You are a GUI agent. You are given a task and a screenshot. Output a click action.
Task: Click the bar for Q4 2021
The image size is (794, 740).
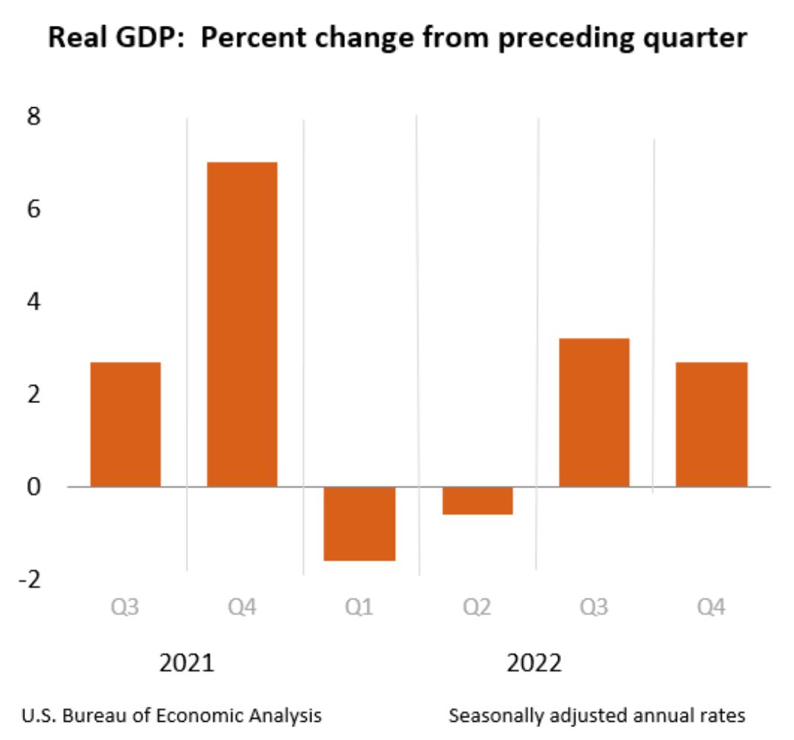242,324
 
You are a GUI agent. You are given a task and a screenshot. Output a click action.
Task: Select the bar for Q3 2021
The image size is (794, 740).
126,424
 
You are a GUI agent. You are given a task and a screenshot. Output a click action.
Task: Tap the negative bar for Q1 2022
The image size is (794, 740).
359,523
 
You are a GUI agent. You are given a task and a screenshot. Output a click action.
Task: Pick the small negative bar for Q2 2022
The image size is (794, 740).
477,500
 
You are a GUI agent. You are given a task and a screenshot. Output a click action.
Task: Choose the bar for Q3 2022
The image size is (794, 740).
594,412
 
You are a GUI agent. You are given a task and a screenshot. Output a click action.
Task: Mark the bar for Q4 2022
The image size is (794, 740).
711,424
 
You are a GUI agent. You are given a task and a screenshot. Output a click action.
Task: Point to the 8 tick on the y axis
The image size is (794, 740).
35,117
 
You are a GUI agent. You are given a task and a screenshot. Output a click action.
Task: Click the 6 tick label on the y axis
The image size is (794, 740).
35,209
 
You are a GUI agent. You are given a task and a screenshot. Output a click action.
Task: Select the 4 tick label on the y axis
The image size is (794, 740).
35,302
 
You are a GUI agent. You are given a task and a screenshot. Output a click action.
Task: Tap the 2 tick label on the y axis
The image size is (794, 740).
35,394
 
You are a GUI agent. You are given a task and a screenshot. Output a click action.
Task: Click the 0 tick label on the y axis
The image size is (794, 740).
35,487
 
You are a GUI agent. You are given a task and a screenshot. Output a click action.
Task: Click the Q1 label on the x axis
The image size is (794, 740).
359,608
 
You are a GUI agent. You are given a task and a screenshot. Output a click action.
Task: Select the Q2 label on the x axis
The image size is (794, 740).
477,608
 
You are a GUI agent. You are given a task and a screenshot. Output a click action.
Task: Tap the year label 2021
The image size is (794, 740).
187,662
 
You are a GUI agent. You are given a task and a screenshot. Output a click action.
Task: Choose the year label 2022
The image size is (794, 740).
534,662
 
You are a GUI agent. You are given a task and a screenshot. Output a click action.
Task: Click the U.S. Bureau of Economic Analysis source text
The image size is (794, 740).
171,716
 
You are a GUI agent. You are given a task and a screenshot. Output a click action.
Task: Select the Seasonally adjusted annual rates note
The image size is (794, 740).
597,716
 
